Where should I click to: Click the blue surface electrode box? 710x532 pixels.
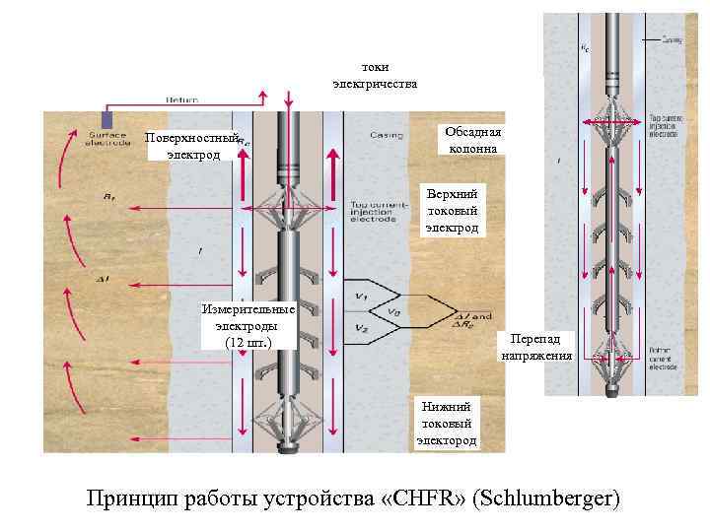[107, 119]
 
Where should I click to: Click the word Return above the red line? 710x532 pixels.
[181, 100]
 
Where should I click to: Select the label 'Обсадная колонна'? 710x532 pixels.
[472, 140]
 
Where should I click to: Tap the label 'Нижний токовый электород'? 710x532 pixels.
[447, 423]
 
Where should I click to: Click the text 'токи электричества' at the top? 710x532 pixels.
[375, 76]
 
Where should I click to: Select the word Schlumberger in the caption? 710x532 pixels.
[546, 497]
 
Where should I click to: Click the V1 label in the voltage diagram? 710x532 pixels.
[361, 297]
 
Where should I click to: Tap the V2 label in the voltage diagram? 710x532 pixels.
[361, 328]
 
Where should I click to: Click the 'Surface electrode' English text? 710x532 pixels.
[109, 139]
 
